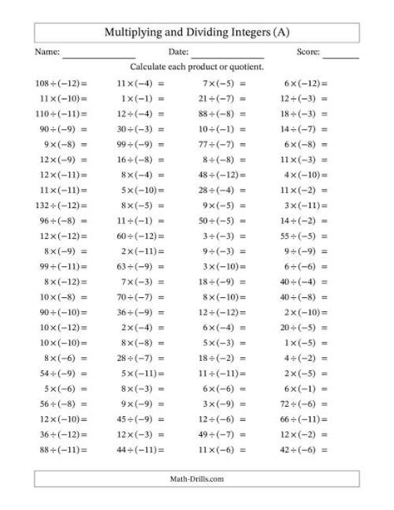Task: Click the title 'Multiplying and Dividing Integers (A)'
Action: tap(197, 32)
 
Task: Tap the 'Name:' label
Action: tap(48, 52)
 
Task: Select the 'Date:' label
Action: tap(178, 52)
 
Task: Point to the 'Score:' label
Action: tap(308, 52)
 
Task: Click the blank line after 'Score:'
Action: tap(341, 55)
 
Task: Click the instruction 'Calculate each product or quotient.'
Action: tap(197, 67)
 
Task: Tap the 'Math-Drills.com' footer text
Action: tap(197, 478)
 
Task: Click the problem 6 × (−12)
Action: tap(305, 83)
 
